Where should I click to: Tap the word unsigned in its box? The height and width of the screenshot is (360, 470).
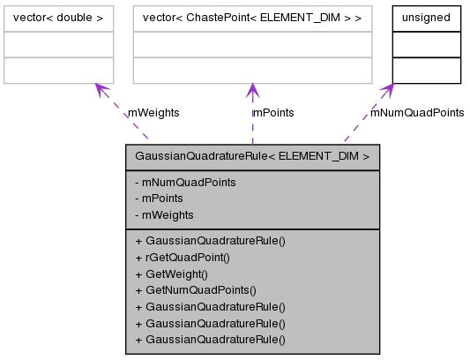tap(426, 18)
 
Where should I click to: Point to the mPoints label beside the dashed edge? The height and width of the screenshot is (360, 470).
tap(273, 113)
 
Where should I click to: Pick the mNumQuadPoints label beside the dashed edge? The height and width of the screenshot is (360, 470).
tap(416, 113)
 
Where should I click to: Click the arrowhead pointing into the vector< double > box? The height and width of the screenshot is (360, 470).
tap(100, 89)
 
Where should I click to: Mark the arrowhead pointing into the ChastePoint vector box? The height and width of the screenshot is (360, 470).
tap(252, 90)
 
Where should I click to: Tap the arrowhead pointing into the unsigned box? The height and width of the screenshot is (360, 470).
tap(388, 90)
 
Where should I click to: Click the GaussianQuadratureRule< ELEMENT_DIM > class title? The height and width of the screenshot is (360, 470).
tap(252, 157)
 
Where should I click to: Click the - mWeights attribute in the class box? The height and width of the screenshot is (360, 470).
tap(168, 214)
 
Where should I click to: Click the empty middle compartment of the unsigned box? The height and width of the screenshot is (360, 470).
tap(426, 44)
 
